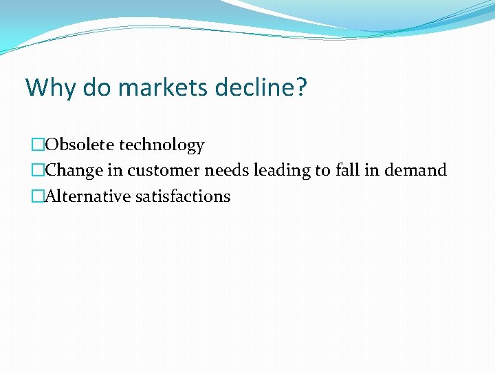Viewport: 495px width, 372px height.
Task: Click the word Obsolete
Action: click(x=80, y=145)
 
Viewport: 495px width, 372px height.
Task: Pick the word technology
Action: click(x=162, y=145)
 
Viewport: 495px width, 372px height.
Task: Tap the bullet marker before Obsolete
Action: click(x=37, y=145)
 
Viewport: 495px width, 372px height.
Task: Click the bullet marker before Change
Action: click(x=37, y=170)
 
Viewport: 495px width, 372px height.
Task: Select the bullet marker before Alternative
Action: click(x=37, y=196)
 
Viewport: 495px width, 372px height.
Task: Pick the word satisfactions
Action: click(x=183, y=196)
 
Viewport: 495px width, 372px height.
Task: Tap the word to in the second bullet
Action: click(x=322, y=170)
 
